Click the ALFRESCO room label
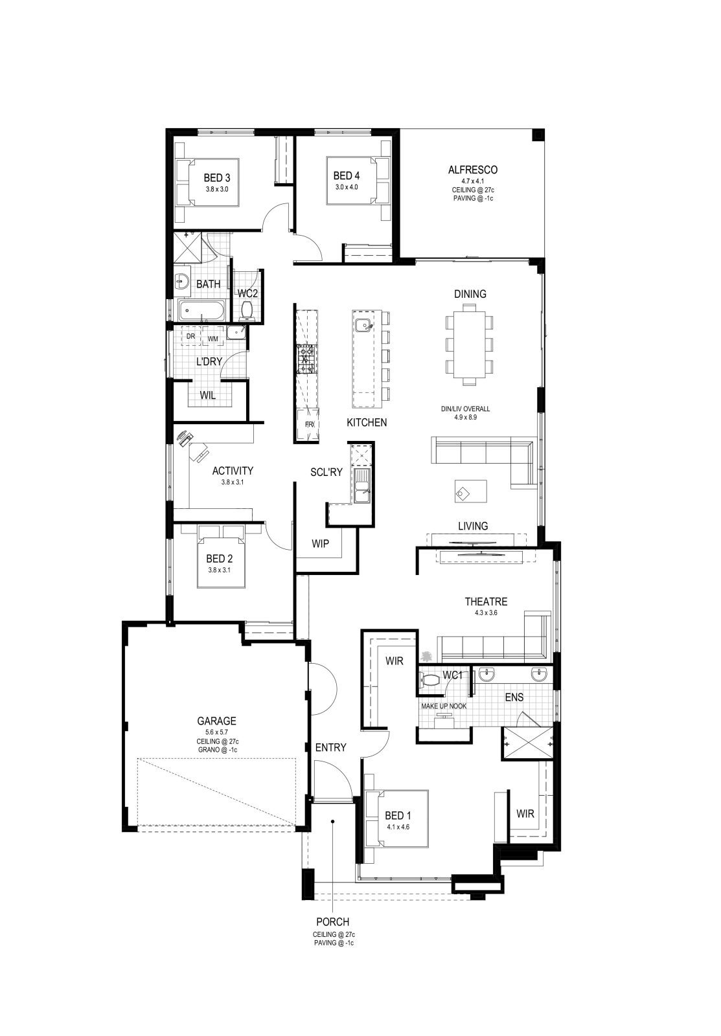point(472,170)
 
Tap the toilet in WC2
point(247,311)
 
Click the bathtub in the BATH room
point(201,310)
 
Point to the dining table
point(469,344)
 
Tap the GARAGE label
point(216,721)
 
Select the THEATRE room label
point(486,602)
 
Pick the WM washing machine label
point(212,339)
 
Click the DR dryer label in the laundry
point(190,336)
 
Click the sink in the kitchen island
point(364,326)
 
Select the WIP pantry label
point(320,543)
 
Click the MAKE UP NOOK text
point(443,706)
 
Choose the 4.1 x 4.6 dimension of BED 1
point(398,827)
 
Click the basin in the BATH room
point(181,280)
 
